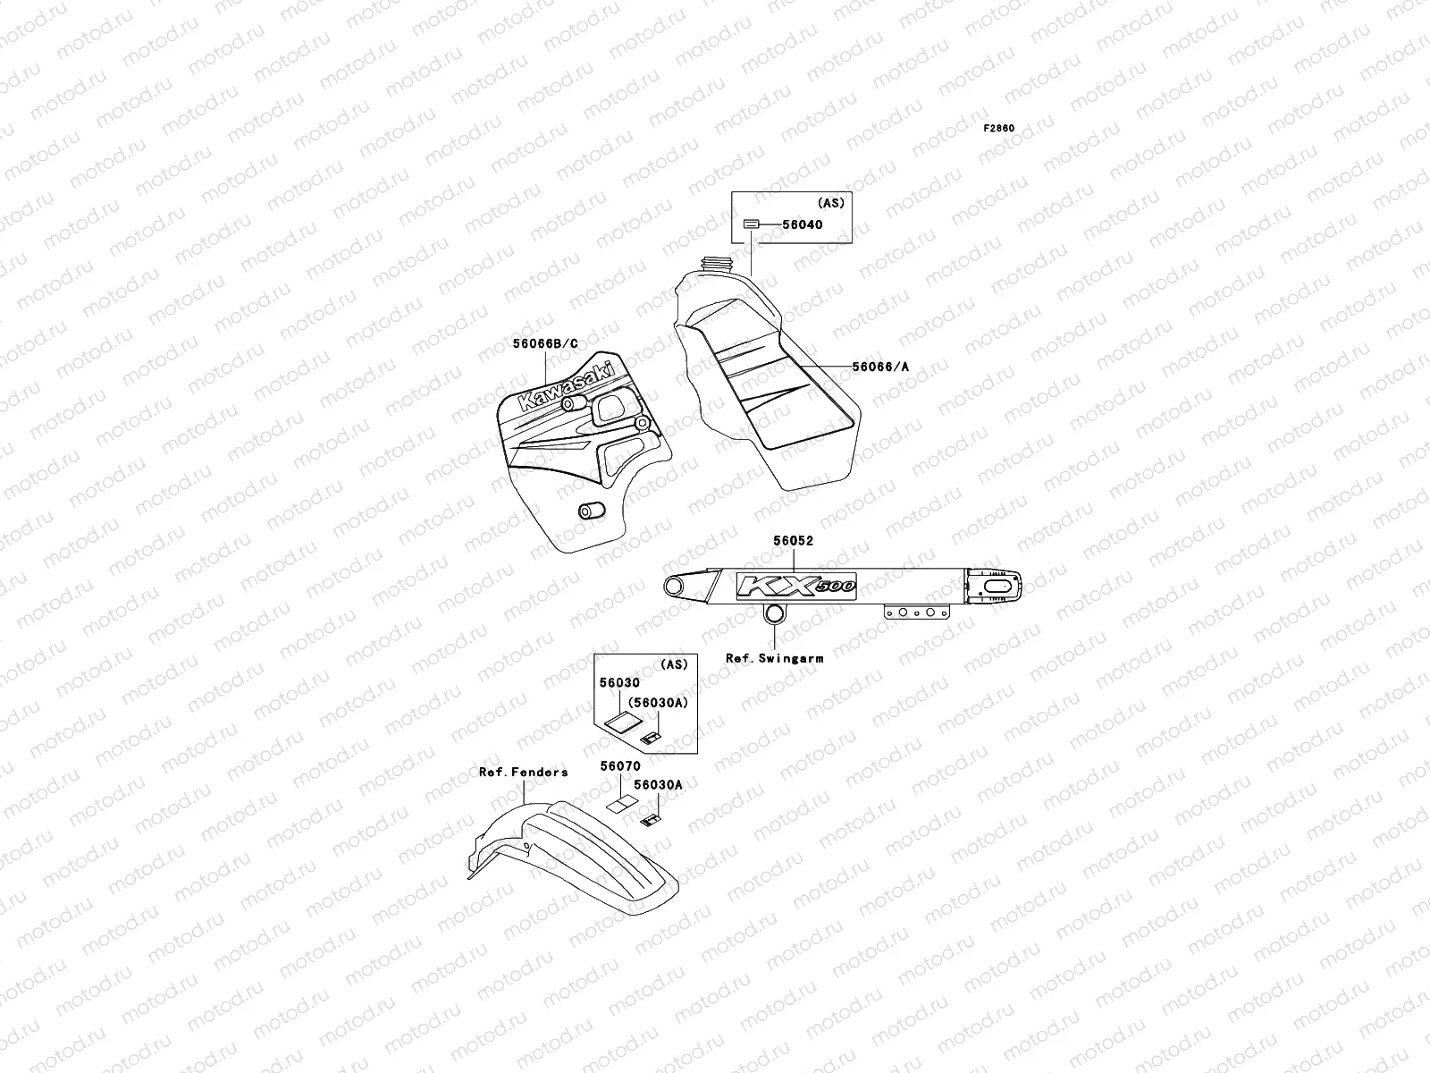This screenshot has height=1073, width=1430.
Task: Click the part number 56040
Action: (x=803, y=224)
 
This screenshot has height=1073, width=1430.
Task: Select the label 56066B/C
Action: (x=545, y=343)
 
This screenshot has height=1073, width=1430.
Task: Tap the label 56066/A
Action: (x=887, y=366)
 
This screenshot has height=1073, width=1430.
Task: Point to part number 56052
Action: (x=793, y=541)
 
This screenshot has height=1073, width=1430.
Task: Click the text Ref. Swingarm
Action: (x=774, y=658)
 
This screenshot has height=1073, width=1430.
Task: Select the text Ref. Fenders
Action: (x=523, y=773)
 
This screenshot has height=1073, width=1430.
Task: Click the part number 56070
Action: (x=619, y=766)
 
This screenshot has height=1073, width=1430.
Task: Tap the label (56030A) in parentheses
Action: (x=657, y=703)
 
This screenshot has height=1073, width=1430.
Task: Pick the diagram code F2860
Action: (x=999, y=129)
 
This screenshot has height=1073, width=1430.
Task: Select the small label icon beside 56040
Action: (x=752, y=224)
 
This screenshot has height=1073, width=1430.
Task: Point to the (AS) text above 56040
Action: (x=830, y=203)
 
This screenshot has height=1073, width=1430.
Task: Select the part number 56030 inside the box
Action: (x=619, y=683)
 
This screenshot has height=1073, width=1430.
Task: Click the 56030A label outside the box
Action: (x=657, y=785)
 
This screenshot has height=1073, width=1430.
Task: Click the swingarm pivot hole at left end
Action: (x=676, y=587)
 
